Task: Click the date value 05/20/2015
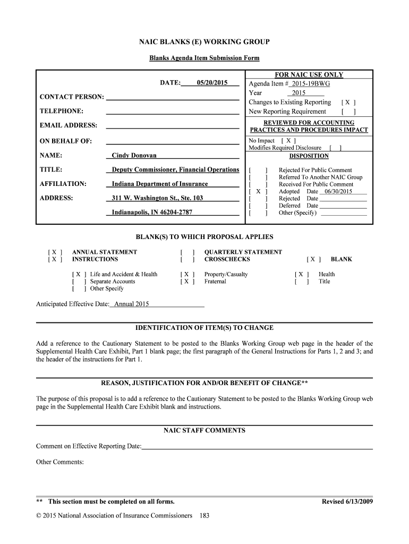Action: [x=211, y=83]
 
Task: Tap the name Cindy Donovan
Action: [x=134, y=156]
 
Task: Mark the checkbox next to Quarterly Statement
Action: [x=187, y=252]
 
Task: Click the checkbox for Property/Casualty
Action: [x=187, y=275]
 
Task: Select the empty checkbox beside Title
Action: [x=301, y=282]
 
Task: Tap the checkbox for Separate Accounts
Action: [x=78, y=282]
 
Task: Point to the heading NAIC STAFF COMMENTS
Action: [x=204, y=430]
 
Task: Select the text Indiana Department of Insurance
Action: [x=160, y=184]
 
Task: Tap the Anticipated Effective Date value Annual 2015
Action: [x=132, y=304]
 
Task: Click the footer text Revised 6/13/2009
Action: [x=347, y=501]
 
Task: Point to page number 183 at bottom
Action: [x=204, y=515]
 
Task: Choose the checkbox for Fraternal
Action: [x=187, y=282]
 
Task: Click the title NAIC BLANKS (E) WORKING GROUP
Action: [x=204, y=41]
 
